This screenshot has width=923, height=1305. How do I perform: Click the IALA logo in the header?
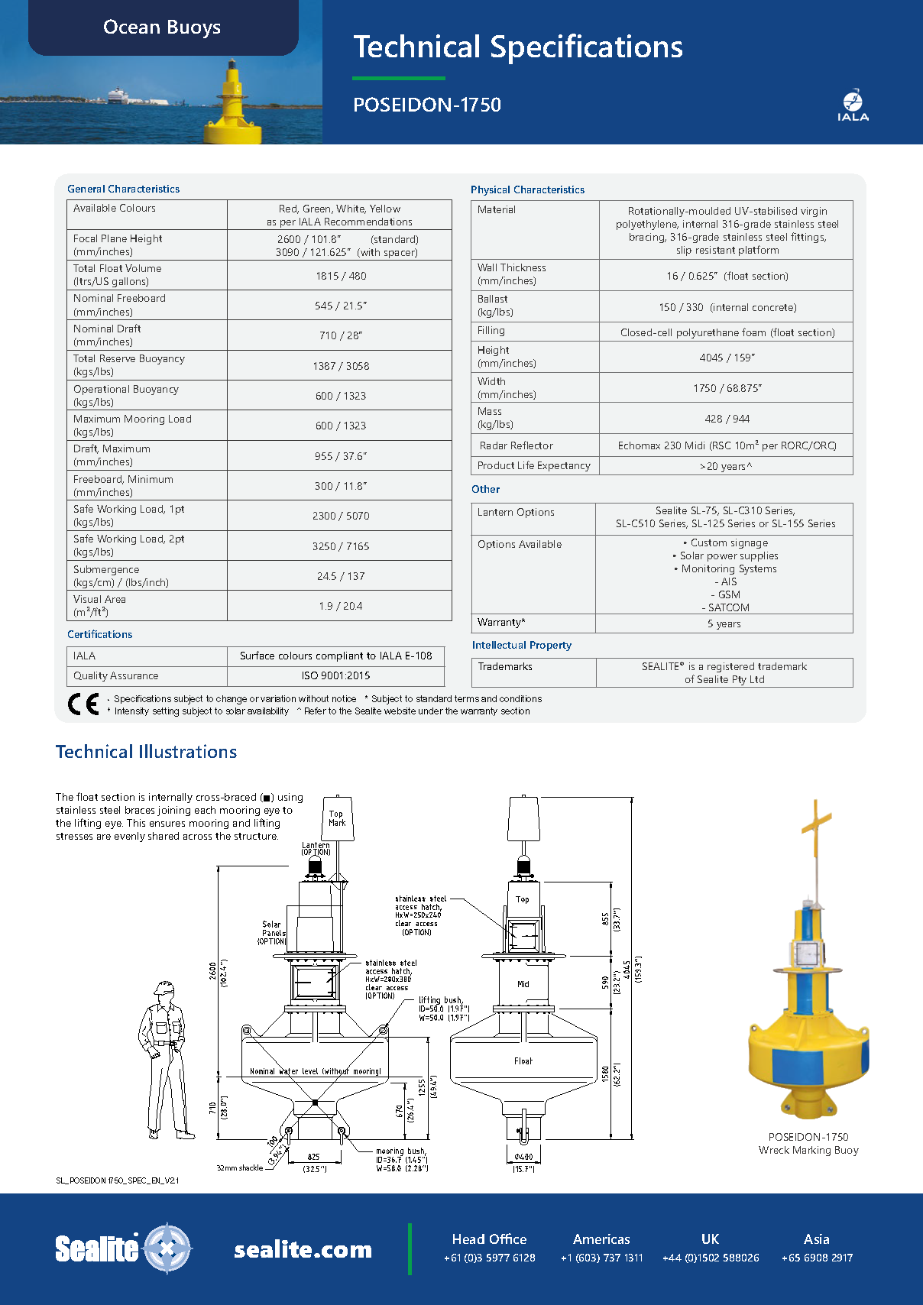pos(853,105)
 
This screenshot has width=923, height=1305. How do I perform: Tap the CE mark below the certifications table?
pos(83,704)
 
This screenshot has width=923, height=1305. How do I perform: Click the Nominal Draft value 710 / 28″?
pos(341,335)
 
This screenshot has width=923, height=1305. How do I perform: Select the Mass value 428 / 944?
pos(727,419)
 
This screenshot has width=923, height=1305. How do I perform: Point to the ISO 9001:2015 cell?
pos(335,675)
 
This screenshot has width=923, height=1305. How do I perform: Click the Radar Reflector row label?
pos(516,445)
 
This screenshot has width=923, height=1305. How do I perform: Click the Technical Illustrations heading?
pos(146,752)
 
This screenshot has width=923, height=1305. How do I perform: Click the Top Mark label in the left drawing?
pos(337,818)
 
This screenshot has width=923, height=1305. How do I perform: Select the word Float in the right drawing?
pos(523,1061)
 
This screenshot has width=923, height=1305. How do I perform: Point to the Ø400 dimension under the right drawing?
pos(523,1157)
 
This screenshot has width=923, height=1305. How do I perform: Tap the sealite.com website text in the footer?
pos(303,1250)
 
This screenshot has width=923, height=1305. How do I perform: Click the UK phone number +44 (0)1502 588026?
pos(711,1258)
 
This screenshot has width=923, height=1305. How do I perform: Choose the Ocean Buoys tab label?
pos(162,28)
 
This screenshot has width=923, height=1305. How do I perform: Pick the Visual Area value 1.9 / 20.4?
pos(341,606)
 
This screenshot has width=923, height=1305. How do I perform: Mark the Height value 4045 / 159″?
pos(727,358)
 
